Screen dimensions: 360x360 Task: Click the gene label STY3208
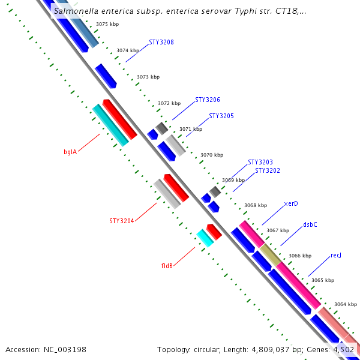161,43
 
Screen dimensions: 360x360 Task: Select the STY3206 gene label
207,100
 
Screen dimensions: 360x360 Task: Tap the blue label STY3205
221,116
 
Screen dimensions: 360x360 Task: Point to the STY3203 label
260,163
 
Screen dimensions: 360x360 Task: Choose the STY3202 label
268,170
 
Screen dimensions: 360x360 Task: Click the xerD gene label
291,203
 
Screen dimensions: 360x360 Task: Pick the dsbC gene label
310,225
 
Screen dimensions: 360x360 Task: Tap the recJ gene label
336,256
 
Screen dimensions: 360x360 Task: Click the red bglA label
70,152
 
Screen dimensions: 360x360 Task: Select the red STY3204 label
122,221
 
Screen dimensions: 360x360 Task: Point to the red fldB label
167,265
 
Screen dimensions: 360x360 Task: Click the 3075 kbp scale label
107,25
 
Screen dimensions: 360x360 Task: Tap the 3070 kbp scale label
212,155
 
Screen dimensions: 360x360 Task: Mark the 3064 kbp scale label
346,304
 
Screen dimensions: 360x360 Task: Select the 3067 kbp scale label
278,231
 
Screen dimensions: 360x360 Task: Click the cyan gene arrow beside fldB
205,238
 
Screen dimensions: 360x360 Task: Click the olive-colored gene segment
270,255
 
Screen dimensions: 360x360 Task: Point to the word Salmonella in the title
76,11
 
